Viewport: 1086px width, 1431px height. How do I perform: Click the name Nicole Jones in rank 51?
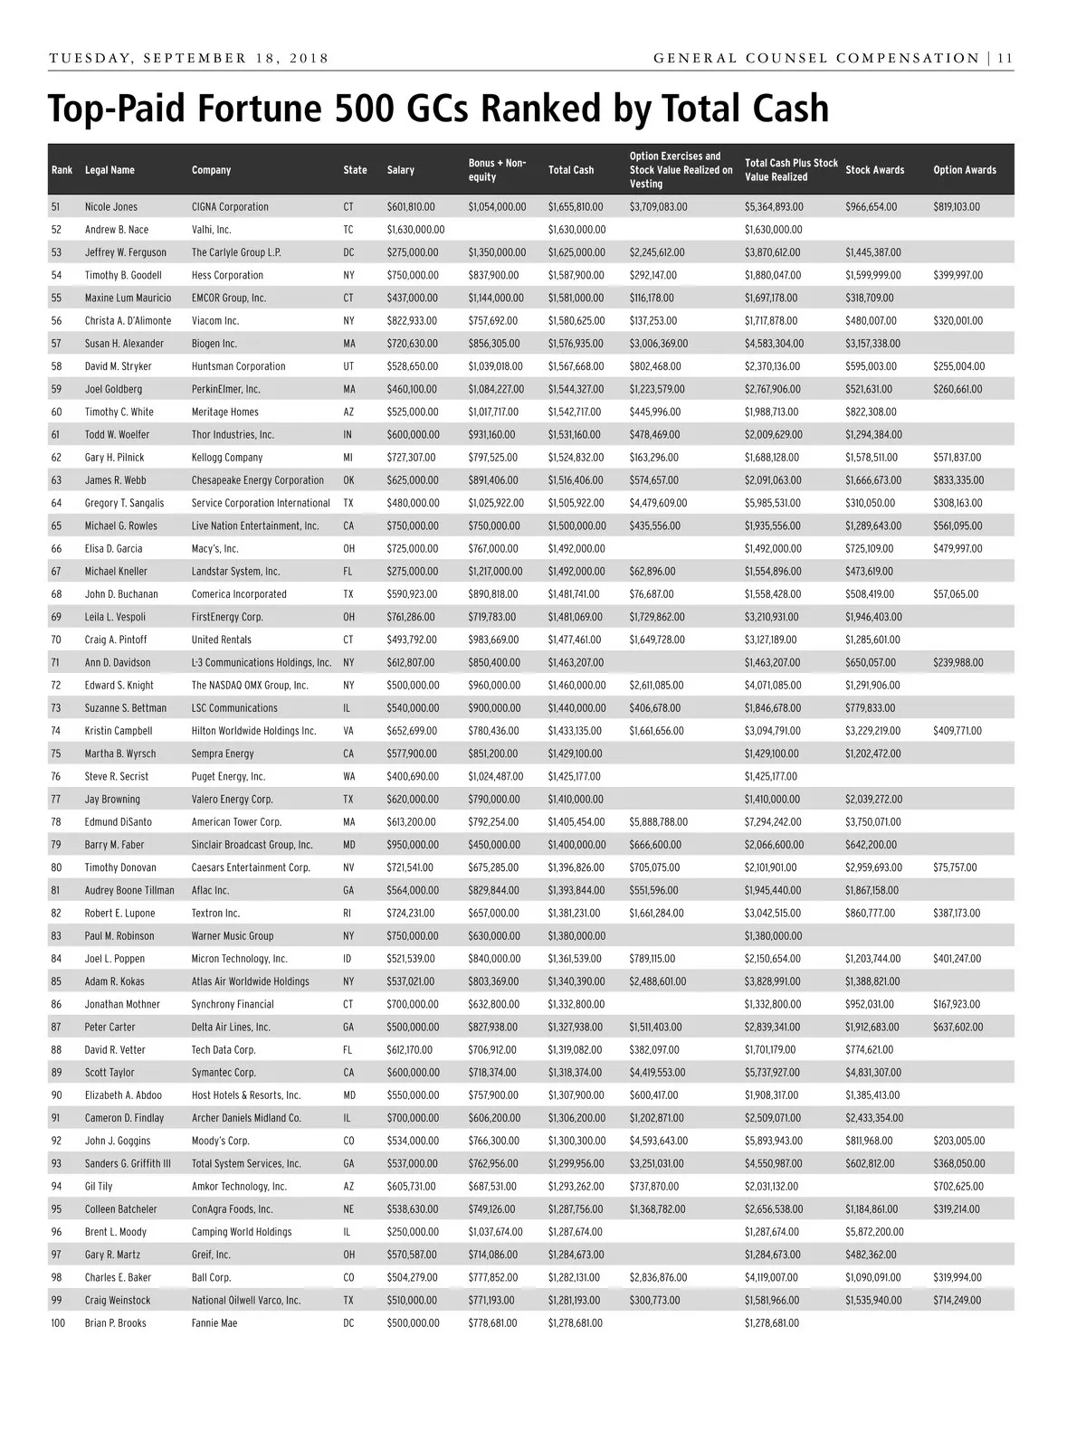point(111,207)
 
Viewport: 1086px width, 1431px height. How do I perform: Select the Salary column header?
point(400,170)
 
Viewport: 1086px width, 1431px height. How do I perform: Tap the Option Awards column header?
point(964,170)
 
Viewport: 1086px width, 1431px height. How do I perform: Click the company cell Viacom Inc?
point(215,321)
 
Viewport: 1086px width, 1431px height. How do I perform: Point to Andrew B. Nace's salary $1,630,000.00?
point(415,230)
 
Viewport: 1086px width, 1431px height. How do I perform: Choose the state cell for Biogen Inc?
point(349,344)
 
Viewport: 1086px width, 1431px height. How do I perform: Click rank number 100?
point(59,1323)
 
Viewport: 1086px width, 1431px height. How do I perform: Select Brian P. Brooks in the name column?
point(115,1323)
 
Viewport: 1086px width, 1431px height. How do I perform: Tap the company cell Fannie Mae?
point(214,1323)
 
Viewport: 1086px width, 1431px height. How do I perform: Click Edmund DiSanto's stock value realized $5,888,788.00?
point(658,822)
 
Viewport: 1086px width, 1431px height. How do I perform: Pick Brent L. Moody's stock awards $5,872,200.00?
point(874,1232)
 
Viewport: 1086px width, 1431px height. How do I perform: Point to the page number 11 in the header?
point(1005,59)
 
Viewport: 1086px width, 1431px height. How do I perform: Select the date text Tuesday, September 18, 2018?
point(188,59)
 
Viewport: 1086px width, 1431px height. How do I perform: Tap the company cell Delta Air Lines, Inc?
point(231,1028)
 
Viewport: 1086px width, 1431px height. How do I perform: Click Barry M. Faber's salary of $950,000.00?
point(413,845)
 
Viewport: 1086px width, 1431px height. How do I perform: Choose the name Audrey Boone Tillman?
point(129,890)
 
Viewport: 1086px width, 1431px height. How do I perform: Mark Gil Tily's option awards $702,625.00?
point(958,1187)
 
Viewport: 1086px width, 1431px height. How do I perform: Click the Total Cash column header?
point(571,170)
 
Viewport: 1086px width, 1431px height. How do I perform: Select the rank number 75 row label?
point(57,753)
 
